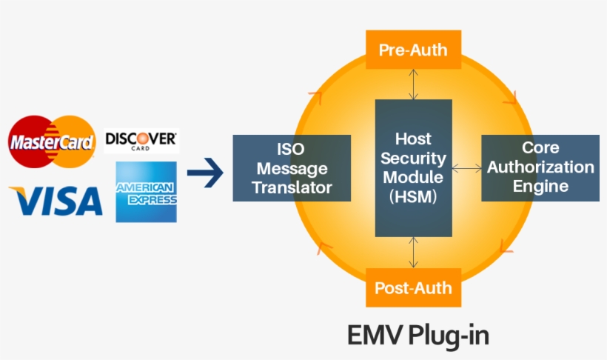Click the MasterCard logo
click(x=52, y=141)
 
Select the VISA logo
click(x=56, y=200)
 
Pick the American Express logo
click(x=146, y=192)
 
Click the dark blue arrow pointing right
click(x=205, y=174)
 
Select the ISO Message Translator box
click(x=292, y=168)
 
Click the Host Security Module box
click(x=413, y=168)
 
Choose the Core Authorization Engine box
click(x=540, y=168)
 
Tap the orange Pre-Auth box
click(x=413, y=50)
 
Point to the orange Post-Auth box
click(x=413, y=287)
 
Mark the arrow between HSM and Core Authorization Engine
click(x=466, y=169)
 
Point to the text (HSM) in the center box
click(x=413, y=196)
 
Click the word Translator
click(x=292, y=187)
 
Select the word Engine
click(x=540, y=185)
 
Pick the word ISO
click(x=291, y=149)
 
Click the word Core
click(x=540, y=147)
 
